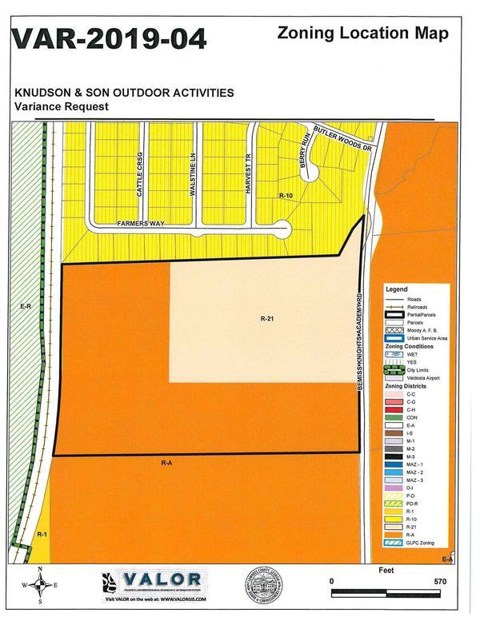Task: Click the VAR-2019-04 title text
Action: (109, 39)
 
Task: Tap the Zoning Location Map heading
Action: (362, 33)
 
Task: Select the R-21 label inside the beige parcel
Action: (267, 318)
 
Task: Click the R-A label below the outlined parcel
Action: (166, 462)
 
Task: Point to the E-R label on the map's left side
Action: (25, 306)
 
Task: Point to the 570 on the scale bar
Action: (438, 582)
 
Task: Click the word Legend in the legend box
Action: (397, 289)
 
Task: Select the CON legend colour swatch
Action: (396, 416)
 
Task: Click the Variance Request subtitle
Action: (61, 105)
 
